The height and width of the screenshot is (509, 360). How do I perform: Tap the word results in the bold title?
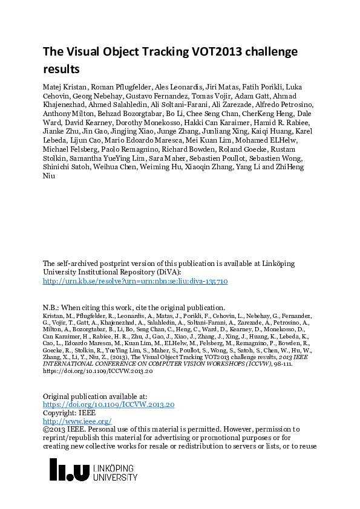(x=61, y=69)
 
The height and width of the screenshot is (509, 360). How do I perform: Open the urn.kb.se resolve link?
(x=135, y=281)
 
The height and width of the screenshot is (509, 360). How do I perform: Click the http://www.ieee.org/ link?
(x=77, y=421)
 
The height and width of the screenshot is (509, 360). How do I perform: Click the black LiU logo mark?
(x=69, y=470)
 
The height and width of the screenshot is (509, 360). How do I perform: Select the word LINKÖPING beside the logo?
(x=116, y=468)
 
